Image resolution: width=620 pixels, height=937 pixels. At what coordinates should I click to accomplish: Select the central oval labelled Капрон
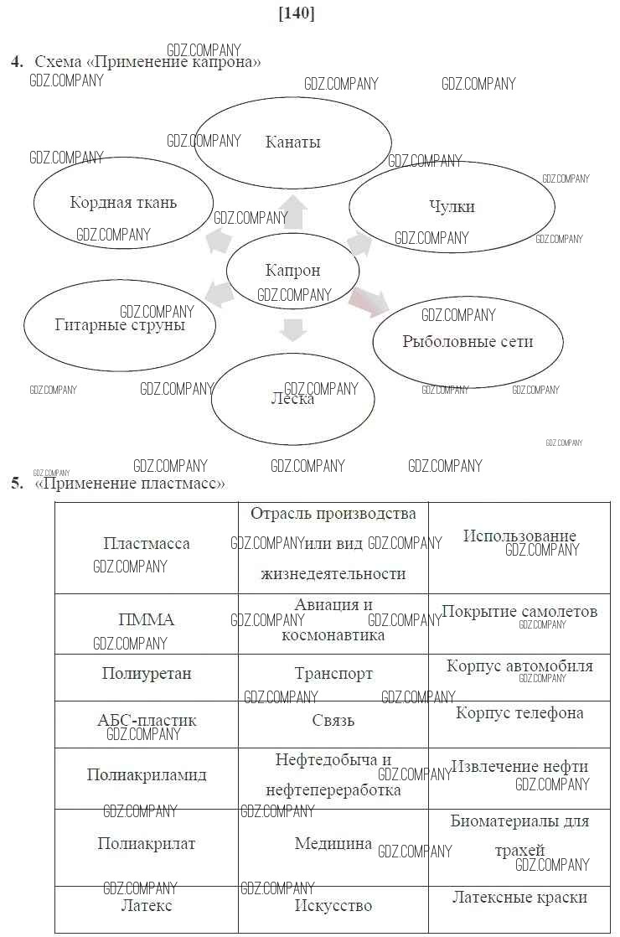[x=292, y=271]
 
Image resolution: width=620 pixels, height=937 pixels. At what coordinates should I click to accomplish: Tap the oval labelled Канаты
[x=292, y=142]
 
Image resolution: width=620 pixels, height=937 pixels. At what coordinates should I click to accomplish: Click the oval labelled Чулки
[x=452, y=206]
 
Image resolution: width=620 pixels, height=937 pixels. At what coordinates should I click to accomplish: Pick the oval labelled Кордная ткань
[x=123, y=202]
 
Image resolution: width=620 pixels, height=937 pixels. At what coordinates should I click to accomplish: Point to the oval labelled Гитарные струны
[x=119, y=324]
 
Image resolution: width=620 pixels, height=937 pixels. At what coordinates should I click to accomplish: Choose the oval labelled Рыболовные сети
[x=467, y=341]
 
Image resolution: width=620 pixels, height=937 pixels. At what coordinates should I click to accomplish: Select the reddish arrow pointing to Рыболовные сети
[x=369, y=301]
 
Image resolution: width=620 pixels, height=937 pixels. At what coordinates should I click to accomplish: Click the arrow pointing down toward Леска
[x=292, y=329]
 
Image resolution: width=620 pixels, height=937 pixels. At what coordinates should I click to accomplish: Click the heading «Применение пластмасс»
[x=130, y=484]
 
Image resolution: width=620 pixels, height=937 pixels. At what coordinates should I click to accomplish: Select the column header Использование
[x=519, y=536]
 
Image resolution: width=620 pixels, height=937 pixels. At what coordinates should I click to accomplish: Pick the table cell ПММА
[x=147, y=620]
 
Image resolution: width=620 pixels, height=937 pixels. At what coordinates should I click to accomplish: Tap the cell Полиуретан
[x=147, y=674]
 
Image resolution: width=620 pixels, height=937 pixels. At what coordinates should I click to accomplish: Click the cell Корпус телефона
[x=519, y=713]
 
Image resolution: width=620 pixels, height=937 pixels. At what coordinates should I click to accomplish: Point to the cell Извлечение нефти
[x=519, y=767]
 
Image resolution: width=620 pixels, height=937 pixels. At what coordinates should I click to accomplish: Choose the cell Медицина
[x=333, y=844]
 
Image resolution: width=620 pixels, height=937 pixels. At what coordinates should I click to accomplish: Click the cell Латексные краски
[x=519, y=898]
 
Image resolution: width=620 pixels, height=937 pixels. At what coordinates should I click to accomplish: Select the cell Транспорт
[x=333, y=674]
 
